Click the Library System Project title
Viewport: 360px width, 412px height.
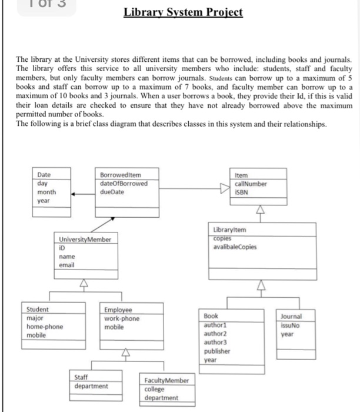(183, 12)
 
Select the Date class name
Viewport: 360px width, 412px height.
(44, 175)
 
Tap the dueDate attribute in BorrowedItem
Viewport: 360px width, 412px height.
(112, 191)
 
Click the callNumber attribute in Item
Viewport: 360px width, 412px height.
(251, 183)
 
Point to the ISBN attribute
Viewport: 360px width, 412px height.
(242, 191)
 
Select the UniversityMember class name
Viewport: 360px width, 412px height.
(85, 240)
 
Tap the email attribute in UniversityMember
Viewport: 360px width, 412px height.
(66, 265)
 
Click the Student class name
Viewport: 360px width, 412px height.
(38, 309)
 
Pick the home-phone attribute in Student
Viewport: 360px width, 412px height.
(45, 326)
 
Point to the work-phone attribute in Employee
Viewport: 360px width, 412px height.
(122, 318)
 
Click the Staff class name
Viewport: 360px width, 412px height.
(82, 377)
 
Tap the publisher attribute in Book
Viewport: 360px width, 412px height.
(218, 350)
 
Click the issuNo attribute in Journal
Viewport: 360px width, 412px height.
(292, 324)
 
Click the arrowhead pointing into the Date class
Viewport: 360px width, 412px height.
(75, 192)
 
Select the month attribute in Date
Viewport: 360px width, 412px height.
(46, 192)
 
